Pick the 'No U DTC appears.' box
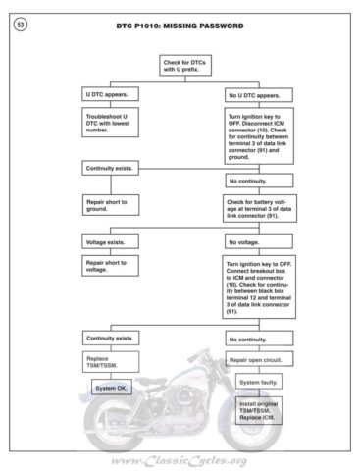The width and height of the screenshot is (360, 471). click(x=258, y=95)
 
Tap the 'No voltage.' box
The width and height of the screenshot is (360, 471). click(x=258, y=240)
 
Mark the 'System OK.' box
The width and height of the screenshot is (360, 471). click(x=108, y=389)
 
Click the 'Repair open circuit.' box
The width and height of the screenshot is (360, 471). click(x=258, y=360)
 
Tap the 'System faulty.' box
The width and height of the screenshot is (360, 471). click(x=258, y=383)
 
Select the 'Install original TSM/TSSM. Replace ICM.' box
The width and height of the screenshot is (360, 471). click(x=258, y=409)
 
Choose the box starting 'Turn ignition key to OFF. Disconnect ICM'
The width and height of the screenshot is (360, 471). click(x=258, y=135)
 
